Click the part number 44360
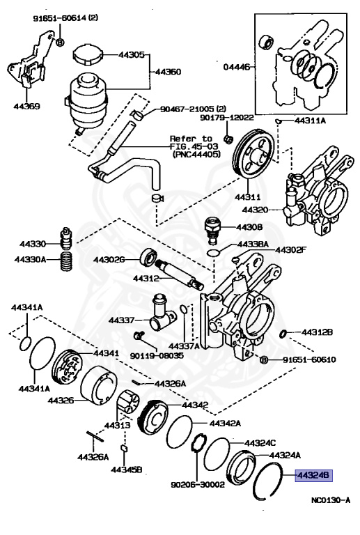[x=166, y=71]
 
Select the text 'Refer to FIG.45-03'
[x=196, y=143]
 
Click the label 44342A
[x=225, y=423]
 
